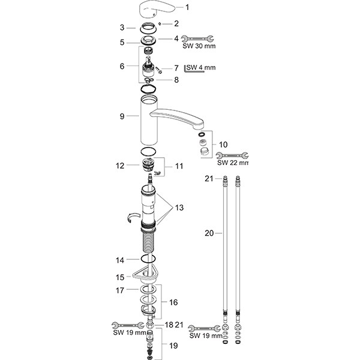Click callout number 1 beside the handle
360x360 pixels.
click(x=170, y=7)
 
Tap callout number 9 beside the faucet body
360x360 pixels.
click(x=122, y=116)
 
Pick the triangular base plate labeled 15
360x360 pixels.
click(x=146, y=275)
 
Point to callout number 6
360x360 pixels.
click(x=122, y=65)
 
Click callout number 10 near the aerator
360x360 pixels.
click(x=224, y=145)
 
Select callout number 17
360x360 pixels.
click(x=120, y=290)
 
